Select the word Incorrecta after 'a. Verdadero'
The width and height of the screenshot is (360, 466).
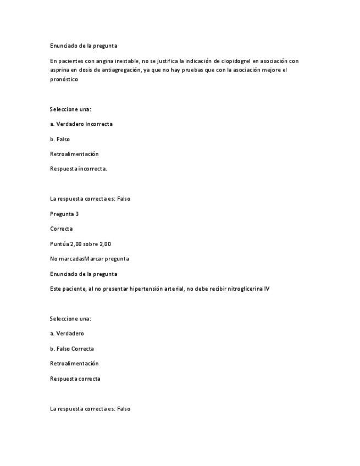99,124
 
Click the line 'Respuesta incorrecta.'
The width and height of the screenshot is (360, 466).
78,169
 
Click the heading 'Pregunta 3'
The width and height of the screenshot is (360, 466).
64,214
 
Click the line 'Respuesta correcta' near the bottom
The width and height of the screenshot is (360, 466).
75,379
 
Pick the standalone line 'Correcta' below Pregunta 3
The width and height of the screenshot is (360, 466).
61,229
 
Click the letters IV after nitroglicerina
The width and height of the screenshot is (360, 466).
267,289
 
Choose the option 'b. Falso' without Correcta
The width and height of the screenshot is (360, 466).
59,139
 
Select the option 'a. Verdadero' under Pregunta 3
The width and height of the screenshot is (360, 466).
67,334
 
